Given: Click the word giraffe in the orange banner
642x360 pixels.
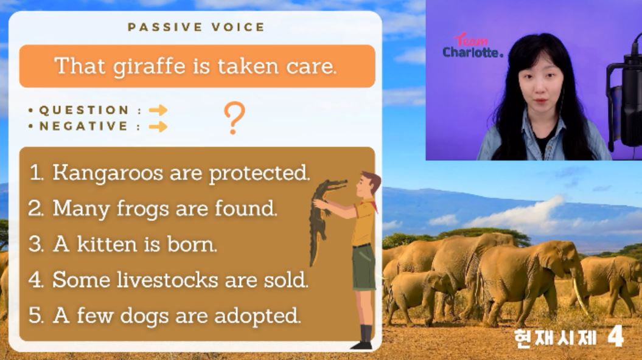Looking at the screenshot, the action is pyautogui.click(x=149, y=67).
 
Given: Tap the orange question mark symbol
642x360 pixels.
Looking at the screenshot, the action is pyautogui.click(x=235, y=118).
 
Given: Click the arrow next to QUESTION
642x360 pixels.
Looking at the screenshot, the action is pyautogui.click(x=158, y=110).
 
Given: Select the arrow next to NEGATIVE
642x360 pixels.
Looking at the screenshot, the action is pyautogui.click(x=158, y=127).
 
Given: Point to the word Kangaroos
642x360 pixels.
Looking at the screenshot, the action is pyautogui.click(x=108, y=173).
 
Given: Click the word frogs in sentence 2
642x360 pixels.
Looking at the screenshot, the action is pyautogui.click(x=142, y=209).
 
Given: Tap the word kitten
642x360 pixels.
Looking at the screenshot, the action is pyautogui.click(x=107, y=244).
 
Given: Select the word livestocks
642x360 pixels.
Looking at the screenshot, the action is pyautogui.click(x=167, y=280).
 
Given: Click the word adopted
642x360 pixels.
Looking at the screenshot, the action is pyautogui.click(x=257, y=316).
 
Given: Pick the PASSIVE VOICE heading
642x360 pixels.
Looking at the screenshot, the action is pyautogui.click(x=196, y=27).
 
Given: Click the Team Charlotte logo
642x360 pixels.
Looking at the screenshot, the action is pyautogui.click(x=472, y=46).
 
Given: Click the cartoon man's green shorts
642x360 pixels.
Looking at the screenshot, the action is pyautogui.click(x=363, y=267).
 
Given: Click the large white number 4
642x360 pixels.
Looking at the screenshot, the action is pyautogui.click(x=615, y=336).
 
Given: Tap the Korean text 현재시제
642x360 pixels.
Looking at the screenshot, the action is pyautogui.click(x=555, y=338).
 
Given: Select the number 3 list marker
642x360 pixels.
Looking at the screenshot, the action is pyautogui.click(x=36, y=244).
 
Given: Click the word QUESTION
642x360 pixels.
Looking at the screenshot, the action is pyautogui.click(x=84, y=110).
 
